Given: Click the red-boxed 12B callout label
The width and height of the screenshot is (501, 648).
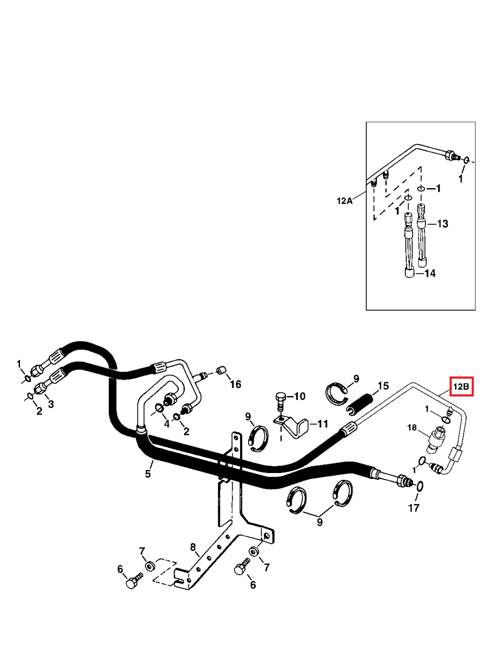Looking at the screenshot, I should coord(461,387).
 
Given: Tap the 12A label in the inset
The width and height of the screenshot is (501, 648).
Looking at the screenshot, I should coord(344,201).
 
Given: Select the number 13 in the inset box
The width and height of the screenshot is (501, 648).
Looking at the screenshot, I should coord(442,224).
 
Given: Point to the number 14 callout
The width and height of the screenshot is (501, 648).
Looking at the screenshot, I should coord(430,273).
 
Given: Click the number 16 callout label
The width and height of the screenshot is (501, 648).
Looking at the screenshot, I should coord(235,384).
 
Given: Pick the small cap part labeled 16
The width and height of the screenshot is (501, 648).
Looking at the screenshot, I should coord(220,370).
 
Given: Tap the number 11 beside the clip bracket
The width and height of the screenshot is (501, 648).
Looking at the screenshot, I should coord(322,424).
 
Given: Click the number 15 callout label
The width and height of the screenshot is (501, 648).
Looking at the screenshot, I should coord(383,386).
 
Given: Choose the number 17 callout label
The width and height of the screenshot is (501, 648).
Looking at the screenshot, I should coord(414,508).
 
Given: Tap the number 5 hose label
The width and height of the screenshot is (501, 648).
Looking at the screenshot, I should coord(148,474).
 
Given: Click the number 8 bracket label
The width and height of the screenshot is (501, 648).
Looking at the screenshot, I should coord(193,547).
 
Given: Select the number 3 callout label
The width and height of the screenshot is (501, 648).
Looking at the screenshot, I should coord(51,404).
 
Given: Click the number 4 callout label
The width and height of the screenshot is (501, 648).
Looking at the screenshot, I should coord(167,424).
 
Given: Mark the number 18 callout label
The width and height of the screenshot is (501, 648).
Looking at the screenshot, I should coord(412,427).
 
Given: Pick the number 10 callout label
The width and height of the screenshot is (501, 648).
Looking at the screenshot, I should coord(299,396).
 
